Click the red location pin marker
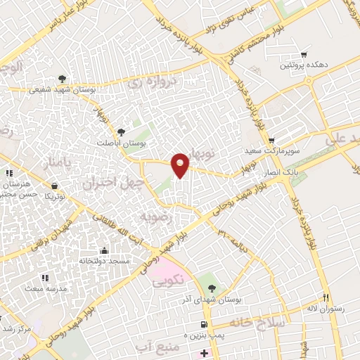coord(181,165)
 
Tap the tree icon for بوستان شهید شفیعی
coord(63,79)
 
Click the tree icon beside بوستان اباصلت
coord(122,131)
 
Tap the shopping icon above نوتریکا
coord(54,186)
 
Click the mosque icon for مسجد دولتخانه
coord(104,251)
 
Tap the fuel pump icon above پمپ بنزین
coord(203,325)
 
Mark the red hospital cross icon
coord(204,352)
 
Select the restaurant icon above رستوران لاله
coord(325,297)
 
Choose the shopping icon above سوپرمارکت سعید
coord(271,141)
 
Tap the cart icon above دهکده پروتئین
coord(304,55)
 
